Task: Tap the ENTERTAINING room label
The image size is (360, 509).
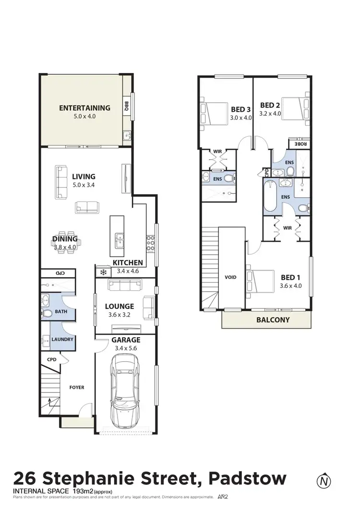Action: click(84, 108)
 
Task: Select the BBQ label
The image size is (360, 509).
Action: click(127, 106)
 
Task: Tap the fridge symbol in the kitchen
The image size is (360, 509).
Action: click(102, 272)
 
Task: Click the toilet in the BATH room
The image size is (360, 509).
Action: click(47, 314)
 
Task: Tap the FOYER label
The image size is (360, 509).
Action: click(77, 387)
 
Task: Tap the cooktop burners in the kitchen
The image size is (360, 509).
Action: click(150, 242)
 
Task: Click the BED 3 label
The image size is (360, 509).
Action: click(240, 109)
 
